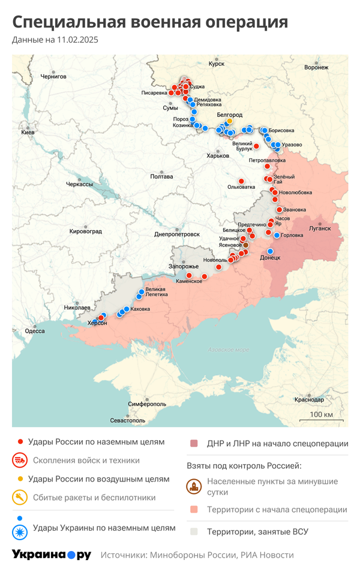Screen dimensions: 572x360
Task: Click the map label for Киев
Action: [x=28, y=132]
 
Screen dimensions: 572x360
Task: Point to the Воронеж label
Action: [x=316, y=67]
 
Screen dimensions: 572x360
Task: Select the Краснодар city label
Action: [x=309, y=400]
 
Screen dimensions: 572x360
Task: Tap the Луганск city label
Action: [x=319, y=228]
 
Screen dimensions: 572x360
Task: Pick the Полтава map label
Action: [x=161, y=177]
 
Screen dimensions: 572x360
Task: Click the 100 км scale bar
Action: [x=321, y=419]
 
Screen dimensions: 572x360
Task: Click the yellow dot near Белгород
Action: [x=229, y=121]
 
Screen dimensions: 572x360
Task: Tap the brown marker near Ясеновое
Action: [x=246, y=245]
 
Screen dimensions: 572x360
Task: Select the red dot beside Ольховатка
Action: [x=241, y=181]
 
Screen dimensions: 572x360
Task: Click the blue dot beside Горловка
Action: [x=277, y=235]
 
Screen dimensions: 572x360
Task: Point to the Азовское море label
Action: [x=228, y=350]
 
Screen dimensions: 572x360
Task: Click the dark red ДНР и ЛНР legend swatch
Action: [x=194, y=444]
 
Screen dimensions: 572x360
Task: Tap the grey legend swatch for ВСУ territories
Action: [x=194, y=531]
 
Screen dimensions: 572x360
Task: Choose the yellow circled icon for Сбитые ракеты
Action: [x=20, y=497]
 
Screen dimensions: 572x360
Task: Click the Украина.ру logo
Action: [x=52, y=555]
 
